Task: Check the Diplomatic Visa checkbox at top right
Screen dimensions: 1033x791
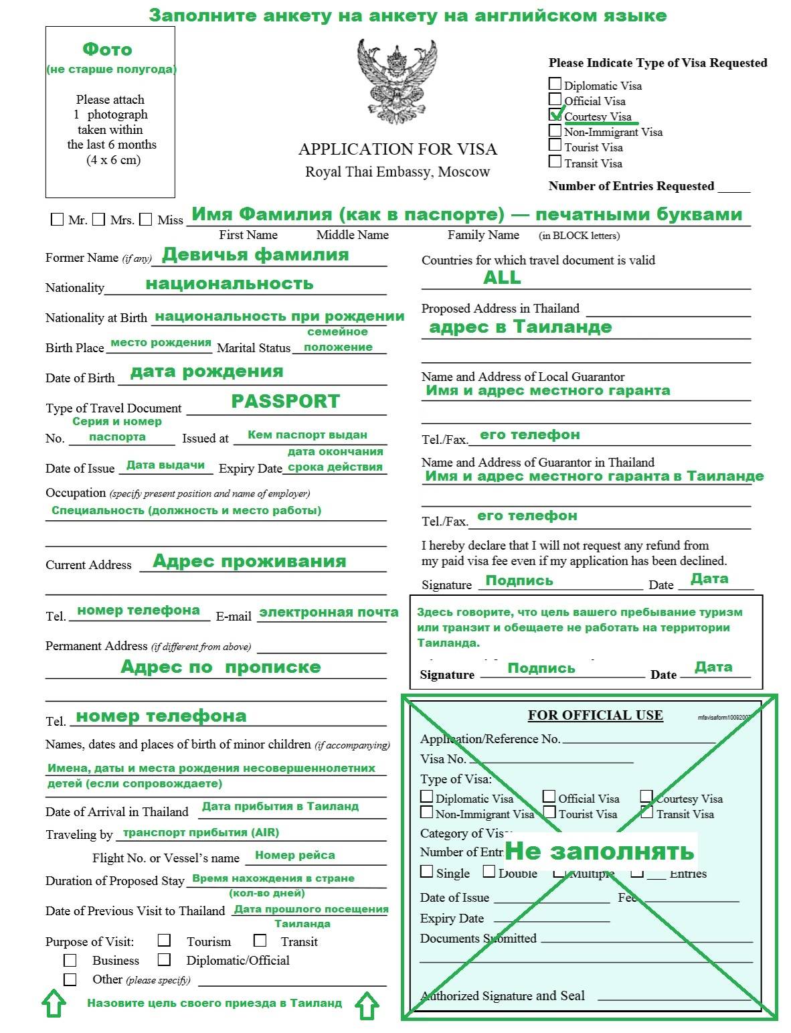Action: click(x=555, y=84)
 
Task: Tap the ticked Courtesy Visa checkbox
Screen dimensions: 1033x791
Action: click(x=555, y=114)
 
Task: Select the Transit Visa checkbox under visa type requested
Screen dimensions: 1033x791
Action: click(x=555, y=161)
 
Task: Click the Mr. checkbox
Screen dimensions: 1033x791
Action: click(x=57, y=220)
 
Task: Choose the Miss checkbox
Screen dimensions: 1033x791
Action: click(x=146, y=220)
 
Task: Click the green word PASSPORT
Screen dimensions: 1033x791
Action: click(x=286, y=401)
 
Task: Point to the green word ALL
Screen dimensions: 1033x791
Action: click(x=502, y=278)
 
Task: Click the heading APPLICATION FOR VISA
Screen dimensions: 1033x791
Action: click(x=398, y=149)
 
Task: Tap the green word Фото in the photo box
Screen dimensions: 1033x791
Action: click(x=107, y=50)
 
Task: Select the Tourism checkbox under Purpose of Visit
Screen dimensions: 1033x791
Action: click(x=164, y=940)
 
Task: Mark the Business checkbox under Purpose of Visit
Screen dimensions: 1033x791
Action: click(x=70, y=960)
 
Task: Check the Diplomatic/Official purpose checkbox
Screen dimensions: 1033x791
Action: click(x=164, y=959)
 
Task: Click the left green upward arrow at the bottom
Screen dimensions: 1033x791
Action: click(x=54, y=1004)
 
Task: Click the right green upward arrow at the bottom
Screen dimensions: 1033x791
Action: click(x=367, y=1006)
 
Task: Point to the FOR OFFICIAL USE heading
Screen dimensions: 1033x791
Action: click(x=595, y=715)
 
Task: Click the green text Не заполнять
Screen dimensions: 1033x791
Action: click(x=599, y=851)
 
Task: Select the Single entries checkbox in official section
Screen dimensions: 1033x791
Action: click(x=427, y=872)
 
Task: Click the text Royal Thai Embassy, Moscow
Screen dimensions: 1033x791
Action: click(x=398, y=172)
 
